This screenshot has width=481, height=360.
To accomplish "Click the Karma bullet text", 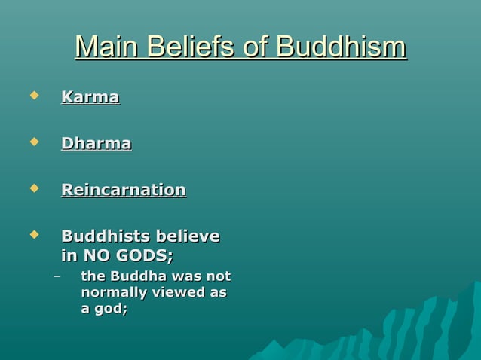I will tap(90, 98).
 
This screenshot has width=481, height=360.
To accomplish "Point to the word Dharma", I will tap(96, 143).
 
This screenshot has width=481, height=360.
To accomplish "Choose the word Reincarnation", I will tap(123, 190).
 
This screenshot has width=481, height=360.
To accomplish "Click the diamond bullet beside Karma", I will tap(32, 96).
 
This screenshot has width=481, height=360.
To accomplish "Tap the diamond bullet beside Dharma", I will tap(32, 141).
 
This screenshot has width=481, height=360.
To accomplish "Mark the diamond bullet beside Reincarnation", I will tap(32, 188).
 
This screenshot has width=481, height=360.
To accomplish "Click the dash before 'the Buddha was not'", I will tap(57, 276).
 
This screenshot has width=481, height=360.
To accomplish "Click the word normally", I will tap(115, 292).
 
